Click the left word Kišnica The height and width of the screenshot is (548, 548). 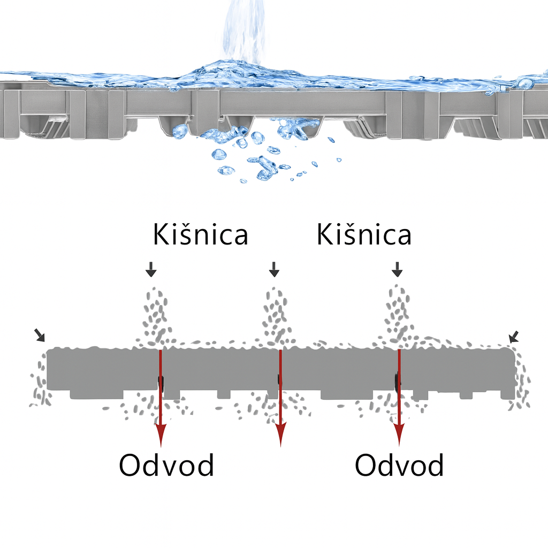pyautogui.click(x=201, y=234)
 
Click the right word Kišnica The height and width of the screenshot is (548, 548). pyautogui.click(x=364, y=234)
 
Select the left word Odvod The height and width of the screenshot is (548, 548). pyautogui.click(x=166, y=465)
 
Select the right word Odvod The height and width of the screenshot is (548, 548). pyautogui.click(x=399, y=465)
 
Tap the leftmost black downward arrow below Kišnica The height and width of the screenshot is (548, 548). pyautogui.click(x=151, y=269)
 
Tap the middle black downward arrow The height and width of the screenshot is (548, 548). pyautogui.click(x=275, y=269)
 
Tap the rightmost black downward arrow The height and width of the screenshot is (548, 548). pyautogui.click(x=397, y=269)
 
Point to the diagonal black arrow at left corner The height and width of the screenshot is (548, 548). pyautogui.click(x=40, y=335)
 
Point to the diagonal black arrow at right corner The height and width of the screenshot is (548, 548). pyautogui.click(x=514, y=337)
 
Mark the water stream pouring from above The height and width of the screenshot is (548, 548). pyautogui.click(x=244, y=32)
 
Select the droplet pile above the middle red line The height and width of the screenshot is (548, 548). pyautogui.click(x=277, y=316)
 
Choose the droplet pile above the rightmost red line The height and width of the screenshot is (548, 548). pyautogui.click(x=398, y=315)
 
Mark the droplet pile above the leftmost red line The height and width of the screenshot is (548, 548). pyautogui.click(x=156, y=316)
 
